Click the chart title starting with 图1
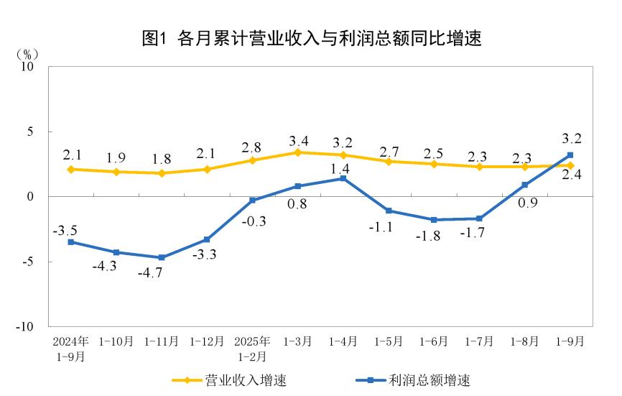(311, 38)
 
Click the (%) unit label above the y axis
(27, 54)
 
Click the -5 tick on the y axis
(29, 262)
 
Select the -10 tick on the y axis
(26, 326)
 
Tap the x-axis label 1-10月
(116, 342)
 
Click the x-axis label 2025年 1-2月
(252, 349)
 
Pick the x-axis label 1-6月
(434, 342)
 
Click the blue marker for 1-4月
(343, 178)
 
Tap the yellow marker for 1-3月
(298, 152)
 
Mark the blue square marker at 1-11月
(162, 257)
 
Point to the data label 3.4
(297, 139)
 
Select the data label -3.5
(66, 231)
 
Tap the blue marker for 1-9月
(570, 155)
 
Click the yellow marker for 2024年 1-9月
(71, 170)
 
